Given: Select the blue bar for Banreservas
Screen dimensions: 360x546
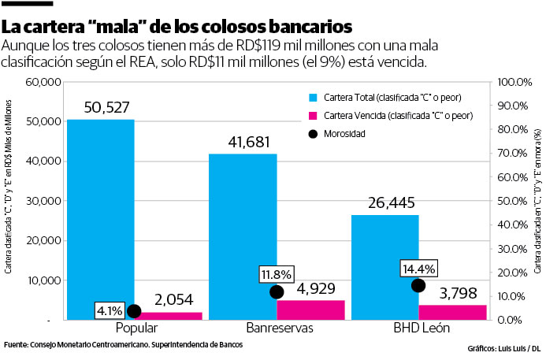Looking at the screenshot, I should point(242,236).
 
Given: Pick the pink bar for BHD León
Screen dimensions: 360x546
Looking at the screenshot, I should point(452,312).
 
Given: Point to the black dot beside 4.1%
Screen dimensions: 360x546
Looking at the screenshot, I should point(134,311).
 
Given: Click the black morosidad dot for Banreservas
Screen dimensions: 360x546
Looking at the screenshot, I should point(277,292).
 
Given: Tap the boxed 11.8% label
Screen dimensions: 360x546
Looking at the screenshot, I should point(276,274).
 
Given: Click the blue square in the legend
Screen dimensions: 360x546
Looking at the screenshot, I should point(311,97).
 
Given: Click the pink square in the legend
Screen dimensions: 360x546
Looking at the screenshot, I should point(311,115).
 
